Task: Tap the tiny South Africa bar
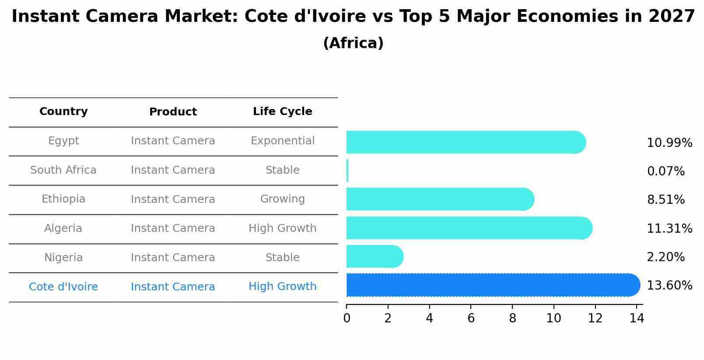(347, 171)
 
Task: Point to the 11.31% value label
(669, 228)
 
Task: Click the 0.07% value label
(665, 171)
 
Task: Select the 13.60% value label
(669, 286)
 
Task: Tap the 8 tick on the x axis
(512, 318)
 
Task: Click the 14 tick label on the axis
(637, 318)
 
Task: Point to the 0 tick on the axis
(347, 318)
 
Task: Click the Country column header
(63, 112)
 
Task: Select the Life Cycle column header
(282, 112)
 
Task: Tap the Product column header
(173, 112)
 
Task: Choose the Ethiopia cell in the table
(63, 199)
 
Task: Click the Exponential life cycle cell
(282, 141)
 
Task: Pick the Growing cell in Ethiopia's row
(282, 199)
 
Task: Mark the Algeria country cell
(63, 228)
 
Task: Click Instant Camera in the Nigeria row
(173, 258)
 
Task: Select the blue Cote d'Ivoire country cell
(63, 287)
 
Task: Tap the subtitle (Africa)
(353, 43)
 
